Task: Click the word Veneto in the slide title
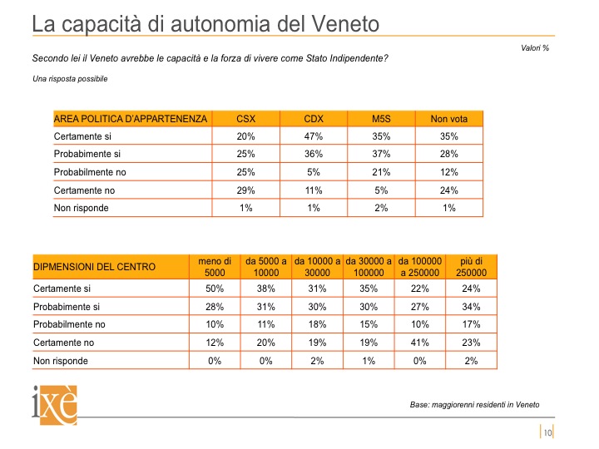click(345, 23)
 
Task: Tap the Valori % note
click(535, 47)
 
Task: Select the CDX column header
click(314, 119)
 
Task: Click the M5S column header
click(381, 119)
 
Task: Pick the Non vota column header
click(449, 119)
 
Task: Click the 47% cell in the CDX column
click(314, 136)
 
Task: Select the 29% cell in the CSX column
click(245, 190)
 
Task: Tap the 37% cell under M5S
click(381, 154)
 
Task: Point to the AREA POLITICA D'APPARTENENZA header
click(131, 119)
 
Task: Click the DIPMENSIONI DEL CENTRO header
click(94, 267)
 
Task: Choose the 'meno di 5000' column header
click(215, 267)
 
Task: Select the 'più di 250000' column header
click(471, 267)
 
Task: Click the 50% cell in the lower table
click(215, 289)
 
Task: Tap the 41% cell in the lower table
click(420, 343)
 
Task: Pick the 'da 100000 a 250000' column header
click(420, 267)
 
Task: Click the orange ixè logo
click(55, 405)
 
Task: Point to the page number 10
click(547, 432)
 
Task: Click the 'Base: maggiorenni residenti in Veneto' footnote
click(474, 405)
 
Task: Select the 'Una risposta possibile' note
click(70, 79)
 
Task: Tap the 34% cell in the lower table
click(471, 307)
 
